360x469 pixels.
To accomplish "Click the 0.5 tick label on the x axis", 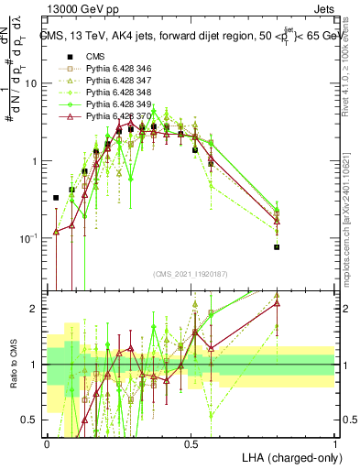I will point(191,442).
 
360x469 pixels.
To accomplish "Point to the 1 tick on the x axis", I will point(334,442).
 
